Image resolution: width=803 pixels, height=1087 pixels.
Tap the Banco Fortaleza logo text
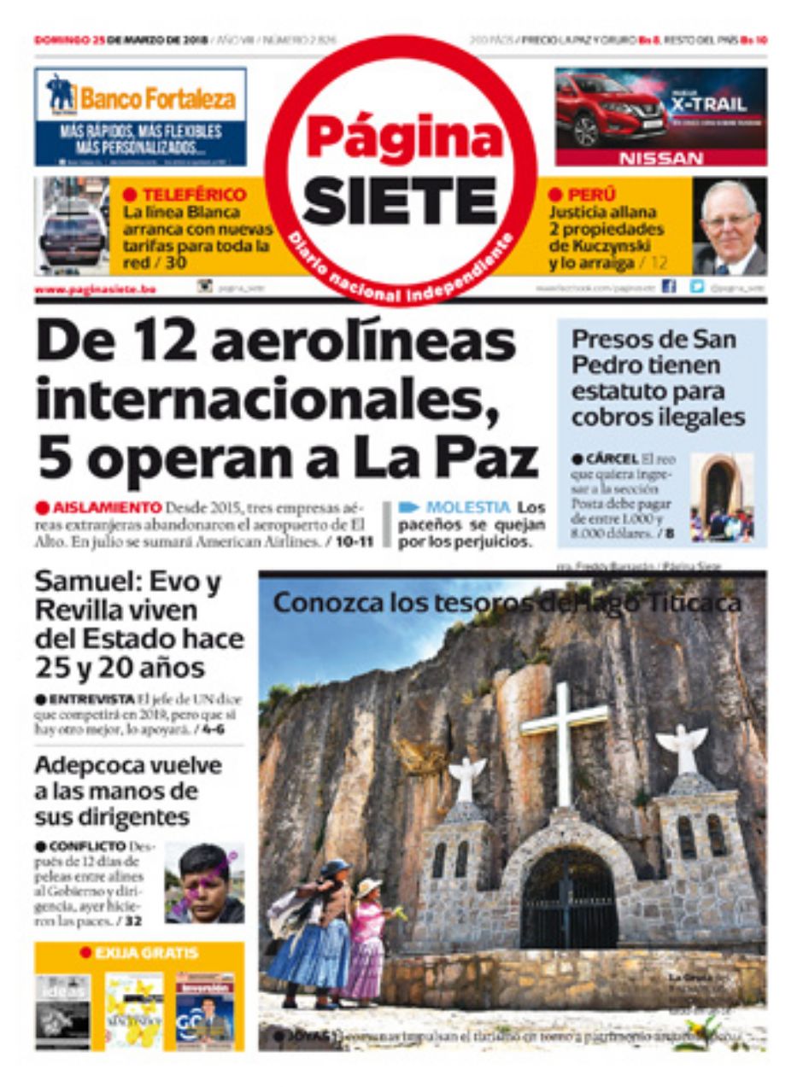click(x=158, y=98)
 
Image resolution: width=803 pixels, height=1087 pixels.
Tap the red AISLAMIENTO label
click(x=106, y=506)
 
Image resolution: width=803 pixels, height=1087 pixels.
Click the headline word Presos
click(x=612, y=339)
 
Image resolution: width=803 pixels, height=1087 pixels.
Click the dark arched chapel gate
click(x=569, y=901)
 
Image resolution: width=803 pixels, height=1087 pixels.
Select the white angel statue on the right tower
click(x=682, y=747)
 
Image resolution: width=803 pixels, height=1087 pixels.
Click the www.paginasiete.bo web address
click(x=95, y=289)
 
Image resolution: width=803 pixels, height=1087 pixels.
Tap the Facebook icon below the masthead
click(x=669, y=288)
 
